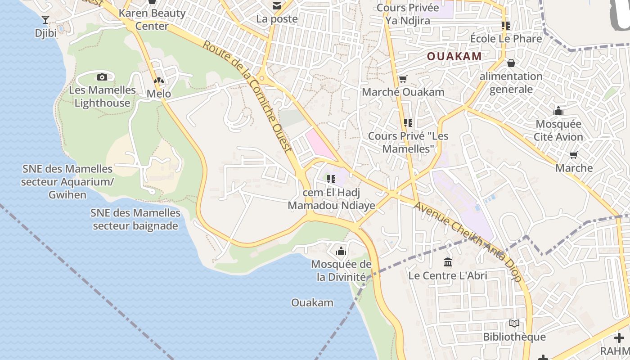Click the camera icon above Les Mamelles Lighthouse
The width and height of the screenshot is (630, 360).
pyautogui.click(x=102, y=77)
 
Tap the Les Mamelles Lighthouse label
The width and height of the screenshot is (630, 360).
pyautogui.click(x=102, y=96)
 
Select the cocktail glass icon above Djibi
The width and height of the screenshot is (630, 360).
pyautogui.click(x=45, y=19)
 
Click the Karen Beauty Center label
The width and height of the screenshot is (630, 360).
pyautogui.click(x=152, y=19)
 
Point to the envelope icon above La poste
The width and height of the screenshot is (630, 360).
pyautogui.click(x=276, y=6)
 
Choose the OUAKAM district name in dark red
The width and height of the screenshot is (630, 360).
pyautogui.click(x=454, y=56)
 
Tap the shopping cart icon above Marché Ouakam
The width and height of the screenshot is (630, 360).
pyautogui.click(x=403, y=79)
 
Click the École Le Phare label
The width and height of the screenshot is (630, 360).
pyautogui.click(x=506, y=39)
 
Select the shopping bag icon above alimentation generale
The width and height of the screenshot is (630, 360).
pyautogui.click(x=511, y=63)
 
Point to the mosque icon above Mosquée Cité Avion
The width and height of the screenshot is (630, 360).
pyautogui.click(x=558, y=111)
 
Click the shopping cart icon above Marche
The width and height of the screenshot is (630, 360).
pyautogui.click(x=574, y=155)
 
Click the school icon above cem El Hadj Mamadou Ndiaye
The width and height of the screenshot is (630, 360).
pyautogui.click(x=332, y=179)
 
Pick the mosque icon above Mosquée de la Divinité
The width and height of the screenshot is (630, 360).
pyautogui.click(x=341, y=251)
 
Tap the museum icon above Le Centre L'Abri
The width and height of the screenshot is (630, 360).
pyautogui.click(x=448, y=262)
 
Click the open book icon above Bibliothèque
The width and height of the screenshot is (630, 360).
pyautogui.click(x=514, y=323)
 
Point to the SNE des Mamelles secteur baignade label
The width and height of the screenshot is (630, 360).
pyautogui.click(x=135, y=219)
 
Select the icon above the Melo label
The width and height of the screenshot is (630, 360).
pyautogui.click(x=159, y=81)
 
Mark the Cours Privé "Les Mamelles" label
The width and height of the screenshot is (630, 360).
pyautogui.click(x=408, y=142)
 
